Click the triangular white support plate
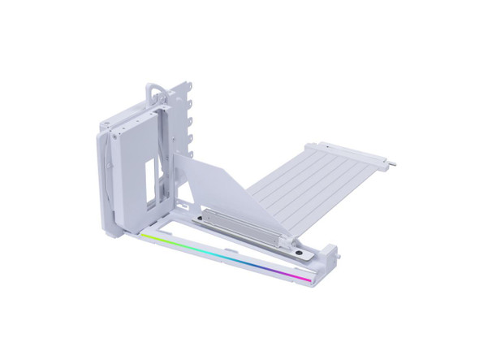tap(213, 179)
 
